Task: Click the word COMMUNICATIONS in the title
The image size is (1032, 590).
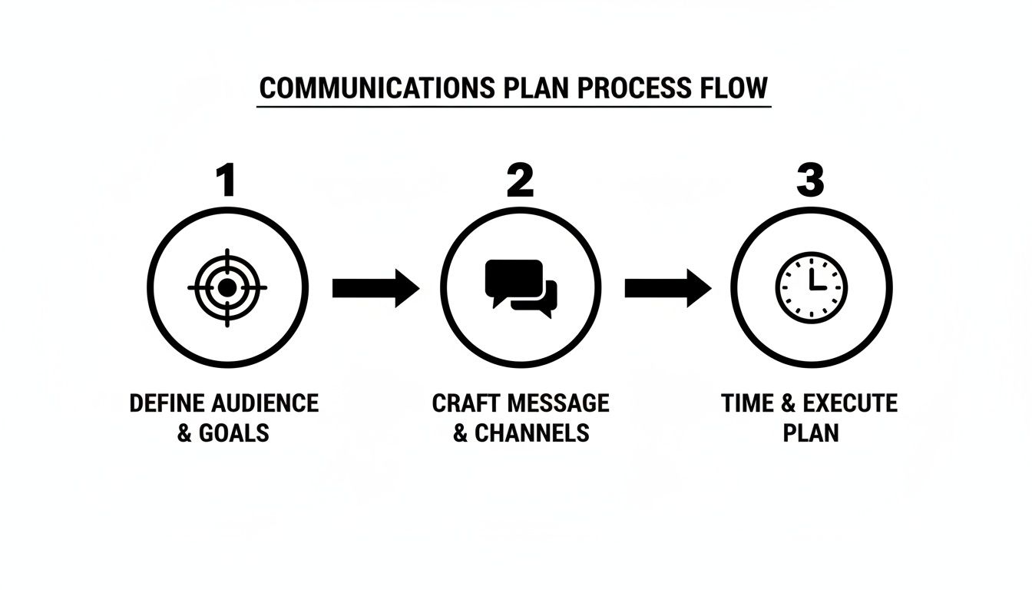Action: (377, 88)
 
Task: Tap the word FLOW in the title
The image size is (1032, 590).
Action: (734, 88)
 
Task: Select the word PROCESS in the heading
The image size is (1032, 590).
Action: (635, 88)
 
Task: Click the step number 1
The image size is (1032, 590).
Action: (227, 180)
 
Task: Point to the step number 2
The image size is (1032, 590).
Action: (520, 180)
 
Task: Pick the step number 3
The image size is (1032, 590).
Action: (810, 180)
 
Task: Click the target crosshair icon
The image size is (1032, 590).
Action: (227, 287)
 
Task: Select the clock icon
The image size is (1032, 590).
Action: (812, 287)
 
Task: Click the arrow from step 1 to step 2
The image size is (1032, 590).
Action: (376, 288)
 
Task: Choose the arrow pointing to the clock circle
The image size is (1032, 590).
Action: (668, 288)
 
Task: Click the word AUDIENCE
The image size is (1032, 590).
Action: (265, 403)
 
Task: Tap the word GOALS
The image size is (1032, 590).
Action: (234, 433)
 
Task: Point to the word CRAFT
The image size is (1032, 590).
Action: (465, 403)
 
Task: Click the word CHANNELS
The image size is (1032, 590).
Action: (532, 433)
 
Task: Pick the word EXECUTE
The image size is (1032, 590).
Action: (851, 403)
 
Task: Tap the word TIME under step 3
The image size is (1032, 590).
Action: (748, 403)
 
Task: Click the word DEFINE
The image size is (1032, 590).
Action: (167, 403)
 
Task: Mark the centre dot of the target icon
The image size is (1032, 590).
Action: (227, 287)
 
